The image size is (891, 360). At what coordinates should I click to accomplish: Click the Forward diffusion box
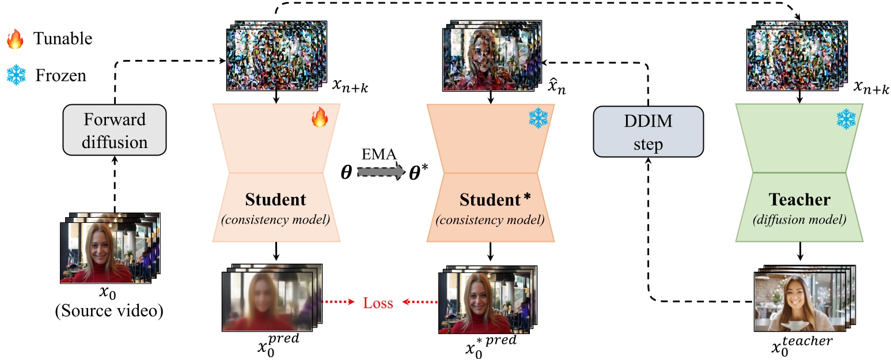tap(114, 131)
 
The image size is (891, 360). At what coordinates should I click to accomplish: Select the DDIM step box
tap(649, 132)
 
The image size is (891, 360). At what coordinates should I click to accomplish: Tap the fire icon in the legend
tap(14, 40)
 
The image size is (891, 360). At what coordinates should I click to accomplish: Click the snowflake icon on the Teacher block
tap(846, 119)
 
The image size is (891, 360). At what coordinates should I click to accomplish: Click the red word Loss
tap(378, 303)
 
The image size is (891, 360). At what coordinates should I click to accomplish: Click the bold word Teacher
tap(799, 200)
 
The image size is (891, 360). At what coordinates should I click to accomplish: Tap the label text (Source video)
tap(109, 312)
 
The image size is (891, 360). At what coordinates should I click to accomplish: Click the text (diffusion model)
tap(799, 219)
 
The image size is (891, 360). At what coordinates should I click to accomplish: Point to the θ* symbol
tap(418, 173)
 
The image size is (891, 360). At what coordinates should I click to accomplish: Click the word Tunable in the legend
tap(63, 39)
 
